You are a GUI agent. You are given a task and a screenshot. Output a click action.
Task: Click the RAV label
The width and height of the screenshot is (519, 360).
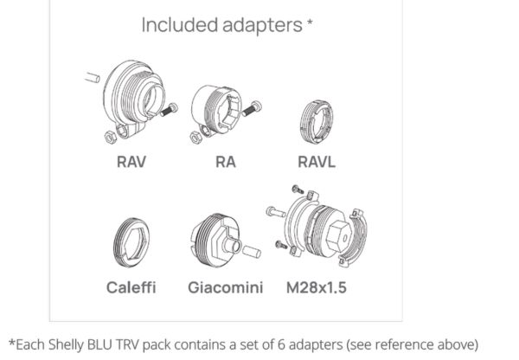[131, 160]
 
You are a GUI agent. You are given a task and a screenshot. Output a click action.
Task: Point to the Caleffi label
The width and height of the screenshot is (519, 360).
[131, 286]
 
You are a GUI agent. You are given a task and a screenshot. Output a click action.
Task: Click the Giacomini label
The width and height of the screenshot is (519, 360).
[226, 286]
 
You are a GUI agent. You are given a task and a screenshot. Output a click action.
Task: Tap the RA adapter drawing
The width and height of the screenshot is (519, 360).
[215, 111]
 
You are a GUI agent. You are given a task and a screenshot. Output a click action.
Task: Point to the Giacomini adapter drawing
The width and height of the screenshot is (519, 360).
[215, 239]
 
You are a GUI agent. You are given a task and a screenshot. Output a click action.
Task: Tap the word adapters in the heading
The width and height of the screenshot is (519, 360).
[259, 25]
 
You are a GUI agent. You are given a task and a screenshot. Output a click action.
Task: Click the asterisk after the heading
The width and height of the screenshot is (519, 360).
[310, 22]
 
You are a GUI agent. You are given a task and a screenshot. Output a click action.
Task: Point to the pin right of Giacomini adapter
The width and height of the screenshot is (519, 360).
[253, 253]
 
